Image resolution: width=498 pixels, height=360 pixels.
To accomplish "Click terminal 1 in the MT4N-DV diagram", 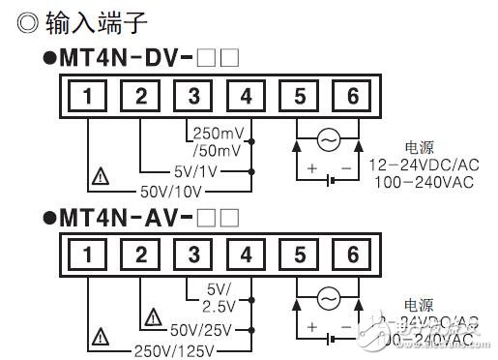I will [88, 97].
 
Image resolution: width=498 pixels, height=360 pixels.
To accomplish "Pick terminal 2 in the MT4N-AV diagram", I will [140, 255].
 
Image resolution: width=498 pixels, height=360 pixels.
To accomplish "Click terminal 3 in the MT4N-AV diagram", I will [193, 255].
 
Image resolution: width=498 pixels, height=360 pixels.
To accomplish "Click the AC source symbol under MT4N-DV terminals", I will [327, 140].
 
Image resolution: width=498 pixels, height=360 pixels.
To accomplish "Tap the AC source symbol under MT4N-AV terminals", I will [327, 298].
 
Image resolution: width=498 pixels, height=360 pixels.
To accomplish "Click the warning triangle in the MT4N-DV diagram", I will [99, 177].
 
